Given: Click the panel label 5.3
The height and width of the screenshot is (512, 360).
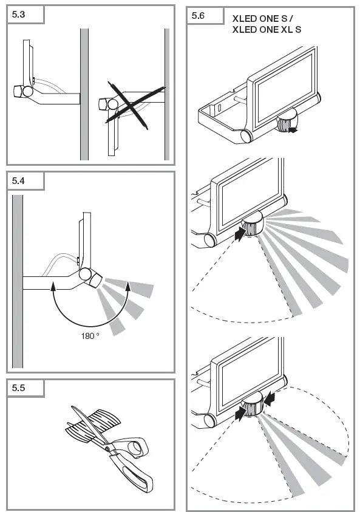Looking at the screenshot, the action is click(x=18, y=15).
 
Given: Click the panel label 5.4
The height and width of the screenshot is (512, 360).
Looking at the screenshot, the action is click(x=18, y=181).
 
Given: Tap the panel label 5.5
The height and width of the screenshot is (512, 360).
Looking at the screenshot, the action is click(x=18, y=388).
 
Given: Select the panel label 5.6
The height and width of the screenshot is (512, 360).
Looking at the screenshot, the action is click(x=198, y=16).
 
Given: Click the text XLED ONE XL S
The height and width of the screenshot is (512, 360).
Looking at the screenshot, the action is click(x=267, y=30).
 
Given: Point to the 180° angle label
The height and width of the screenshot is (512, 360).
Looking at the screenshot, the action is click(x=90, y=336).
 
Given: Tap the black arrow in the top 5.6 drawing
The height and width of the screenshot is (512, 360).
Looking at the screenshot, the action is click(x=293, y=130).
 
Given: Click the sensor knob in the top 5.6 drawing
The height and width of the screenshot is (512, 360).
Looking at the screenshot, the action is click(x=287, y=120).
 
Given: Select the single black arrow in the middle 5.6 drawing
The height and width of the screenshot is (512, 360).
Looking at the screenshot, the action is click(x=240, y=234).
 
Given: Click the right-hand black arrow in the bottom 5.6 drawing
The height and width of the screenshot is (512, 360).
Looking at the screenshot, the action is click(x=270, y=399).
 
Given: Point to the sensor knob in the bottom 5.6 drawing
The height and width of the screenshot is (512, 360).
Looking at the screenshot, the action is click(x=253, y=404).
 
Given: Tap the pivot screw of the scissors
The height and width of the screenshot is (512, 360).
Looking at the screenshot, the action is click(x=107, y=449).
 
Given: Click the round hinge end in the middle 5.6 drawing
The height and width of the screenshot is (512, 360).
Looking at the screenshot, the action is click(x=210, y=241).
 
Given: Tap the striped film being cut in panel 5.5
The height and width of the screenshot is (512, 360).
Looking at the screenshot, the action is click(x=93, y=425).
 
